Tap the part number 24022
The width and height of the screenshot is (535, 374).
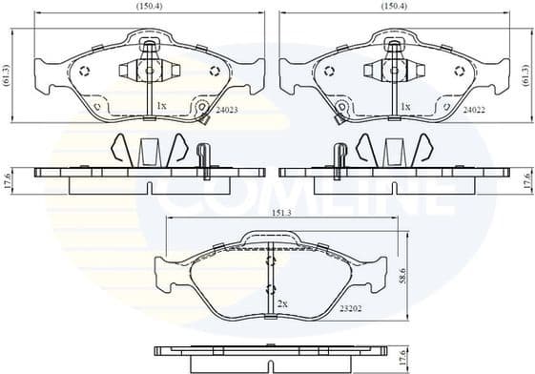(474, 111)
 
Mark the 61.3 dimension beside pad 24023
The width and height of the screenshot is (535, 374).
(9, 73)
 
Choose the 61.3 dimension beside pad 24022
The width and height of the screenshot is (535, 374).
(525, 73)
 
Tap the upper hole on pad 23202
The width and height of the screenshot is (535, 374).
(270, 260)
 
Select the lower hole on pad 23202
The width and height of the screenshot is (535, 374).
(270, 288)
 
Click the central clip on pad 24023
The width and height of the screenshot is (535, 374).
(147, 69)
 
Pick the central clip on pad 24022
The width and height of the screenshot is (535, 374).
(392, 69)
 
